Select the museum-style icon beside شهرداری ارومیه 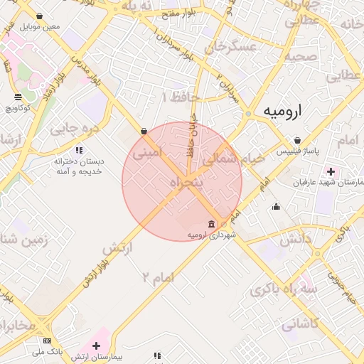coord(213,225)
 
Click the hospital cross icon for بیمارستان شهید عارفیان coord(331,171)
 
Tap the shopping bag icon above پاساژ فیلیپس coord(306,140)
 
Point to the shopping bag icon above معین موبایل coord(38,15)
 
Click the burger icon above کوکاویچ coord(18,97)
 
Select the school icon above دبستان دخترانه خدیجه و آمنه coord(78,150)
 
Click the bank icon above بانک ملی coord(47,340)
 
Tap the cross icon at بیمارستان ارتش coord(97,345)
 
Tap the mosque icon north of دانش coord(277,206)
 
